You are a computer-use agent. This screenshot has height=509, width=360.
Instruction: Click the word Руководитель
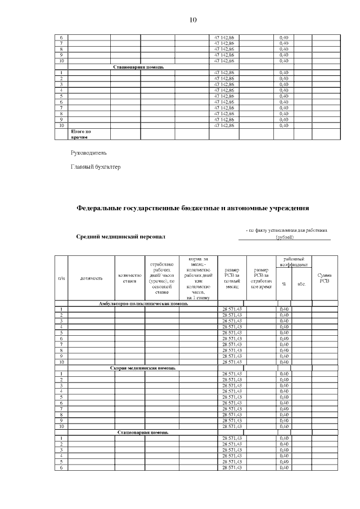click(x=88, y=153)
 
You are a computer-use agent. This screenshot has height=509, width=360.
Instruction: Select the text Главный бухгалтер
click(x=96, y=166)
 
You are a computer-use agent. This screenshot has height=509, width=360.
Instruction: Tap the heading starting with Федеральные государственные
click(x=193, y=208)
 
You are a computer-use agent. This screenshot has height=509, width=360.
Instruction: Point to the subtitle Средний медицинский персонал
click(x=121, y=237)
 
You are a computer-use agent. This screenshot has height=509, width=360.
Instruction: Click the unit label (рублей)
click(x=284, y=238)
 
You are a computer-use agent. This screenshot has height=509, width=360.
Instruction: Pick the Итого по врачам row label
click(x=80, y=134)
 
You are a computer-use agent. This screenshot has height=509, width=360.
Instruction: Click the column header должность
click(x=91, y=278)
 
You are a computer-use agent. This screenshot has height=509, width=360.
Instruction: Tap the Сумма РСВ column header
click(x=325, y=278)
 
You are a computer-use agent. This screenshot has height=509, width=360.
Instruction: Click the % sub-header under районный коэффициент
click(x=284, y=283)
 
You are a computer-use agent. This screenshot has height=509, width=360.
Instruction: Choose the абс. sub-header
click(x=301, y=283)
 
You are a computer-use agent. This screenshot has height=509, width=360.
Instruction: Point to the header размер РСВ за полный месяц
click(x=232, y=278)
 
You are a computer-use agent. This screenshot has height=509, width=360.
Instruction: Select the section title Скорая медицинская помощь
click(x=142, y=368)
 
